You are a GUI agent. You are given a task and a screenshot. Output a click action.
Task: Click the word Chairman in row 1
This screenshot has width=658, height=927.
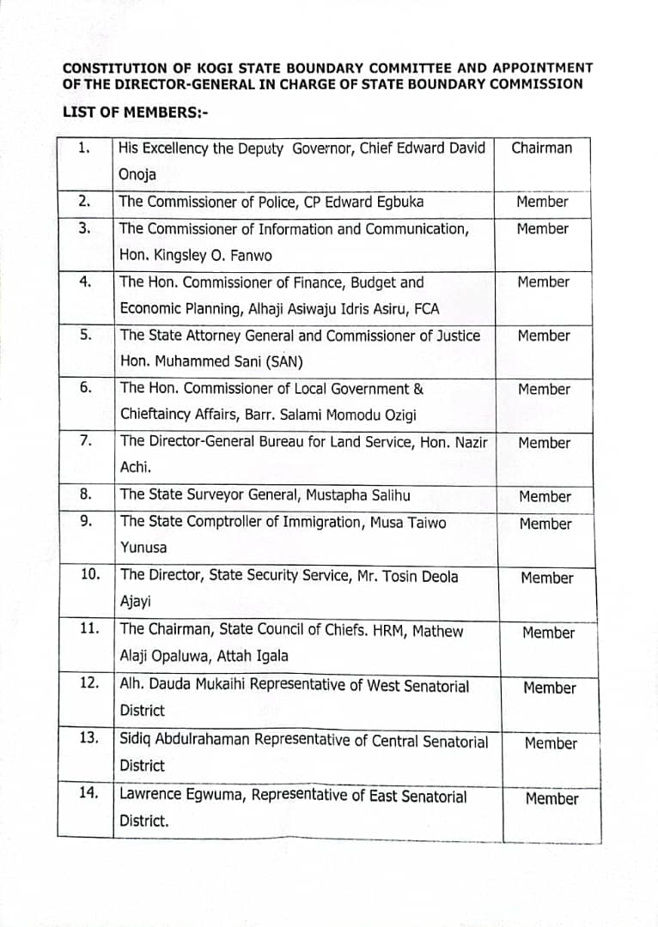tap(541, 148)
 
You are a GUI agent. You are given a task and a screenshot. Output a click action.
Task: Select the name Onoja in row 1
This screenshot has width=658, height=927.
tap(138, 175)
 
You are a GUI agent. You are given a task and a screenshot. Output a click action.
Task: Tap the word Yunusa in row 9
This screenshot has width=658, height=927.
tap(143, 548)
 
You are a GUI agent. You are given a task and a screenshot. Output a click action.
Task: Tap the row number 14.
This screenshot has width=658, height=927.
tap(88, 793)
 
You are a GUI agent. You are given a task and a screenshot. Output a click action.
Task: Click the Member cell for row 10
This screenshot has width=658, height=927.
tap(547, 579)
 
